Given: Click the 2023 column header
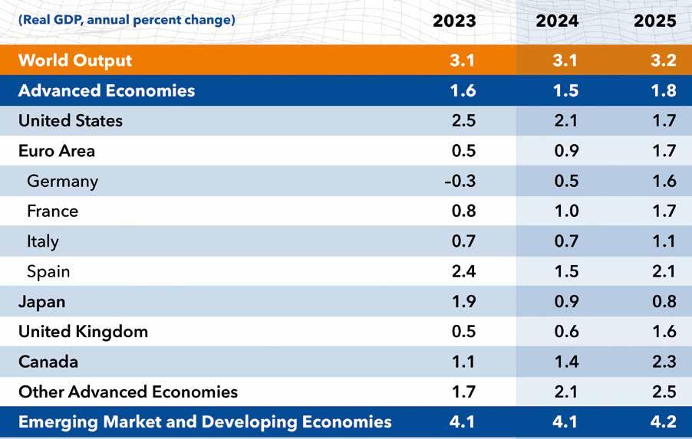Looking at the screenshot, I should [454, 21].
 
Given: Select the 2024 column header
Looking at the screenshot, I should [559, 21].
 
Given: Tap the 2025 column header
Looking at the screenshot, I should [655, 21].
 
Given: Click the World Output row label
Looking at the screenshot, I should [75, 61].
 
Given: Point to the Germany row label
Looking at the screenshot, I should [62, 182].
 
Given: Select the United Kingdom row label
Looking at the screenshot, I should [83, 332].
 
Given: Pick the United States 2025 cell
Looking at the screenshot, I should [662, 121].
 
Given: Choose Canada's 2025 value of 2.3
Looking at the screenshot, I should [662, 362].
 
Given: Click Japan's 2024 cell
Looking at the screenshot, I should [565, 302].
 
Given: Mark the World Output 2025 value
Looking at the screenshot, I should [662, 61].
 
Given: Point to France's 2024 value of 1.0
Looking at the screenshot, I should [565, 211].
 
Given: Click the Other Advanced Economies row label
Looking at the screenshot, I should [128, 392].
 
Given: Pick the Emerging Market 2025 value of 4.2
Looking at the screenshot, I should [662, 422].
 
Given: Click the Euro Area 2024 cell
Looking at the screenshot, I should [565, 151].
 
